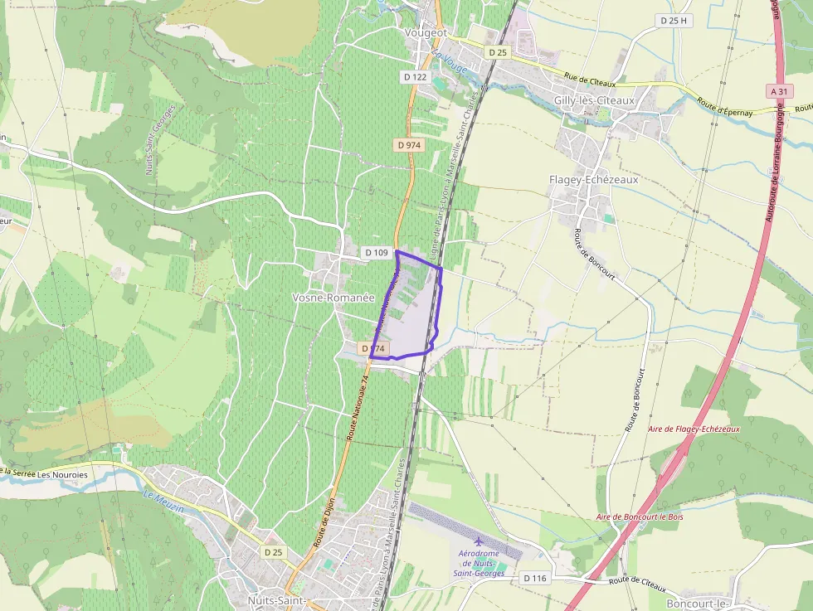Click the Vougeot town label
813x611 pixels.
(x=426, y=32)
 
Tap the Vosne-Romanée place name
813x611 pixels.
(x=333, y=298)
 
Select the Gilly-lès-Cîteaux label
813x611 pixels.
(x=593, y=100)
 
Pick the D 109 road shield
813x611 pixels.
(x=376, y=251)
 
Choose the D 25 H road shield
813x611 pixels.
(x=673, y=20)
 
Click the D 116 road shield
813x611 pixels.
(x=535, y=578)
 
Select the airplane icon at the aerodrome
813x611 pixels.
(x=478, y=541)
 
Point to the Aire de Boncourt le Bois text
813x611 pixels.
(x=639, y=517)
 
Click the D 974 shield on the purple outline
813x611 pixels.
(x=374, y=349)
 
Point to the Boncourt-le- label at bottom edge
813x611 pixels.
(x=697, y=603)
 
